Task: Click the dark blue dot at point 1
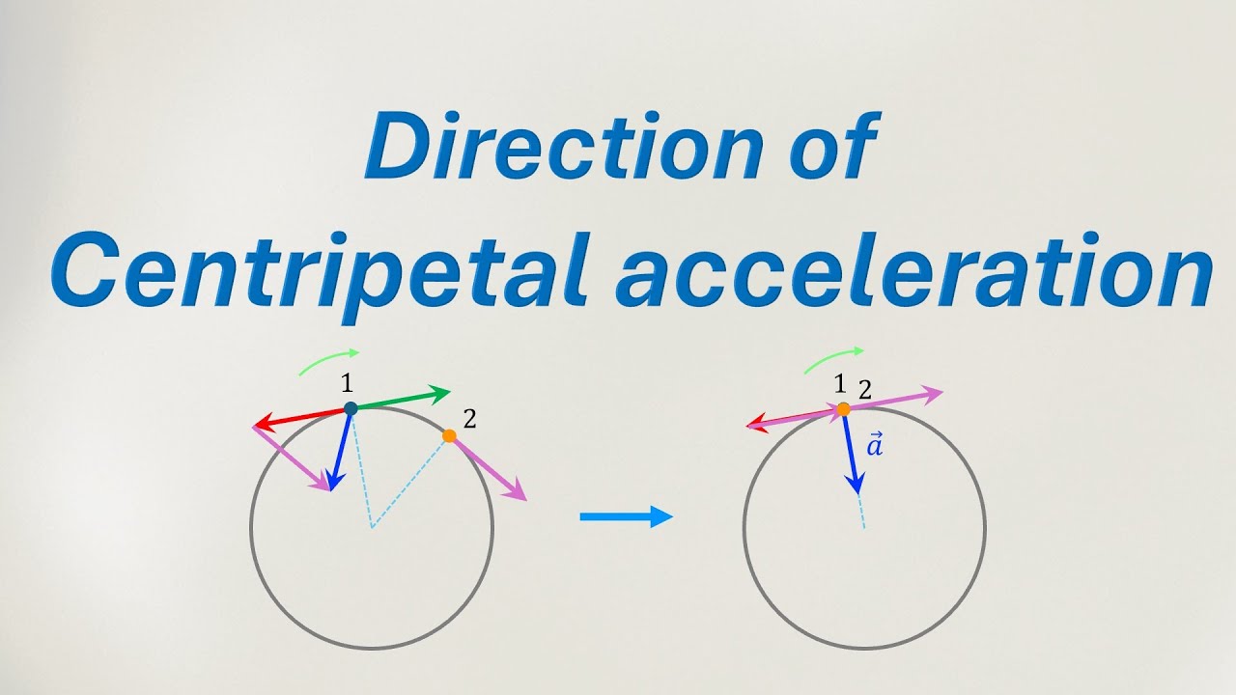351,408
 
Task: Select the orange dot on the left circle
449,436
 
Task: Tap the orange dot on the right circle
843,409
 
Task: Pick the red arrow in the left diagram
300,417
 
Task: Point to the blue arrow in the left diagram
340,450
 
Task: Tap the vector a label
875,445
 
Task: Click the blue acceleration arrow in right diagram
851,454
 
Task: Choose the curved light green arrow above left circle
328,360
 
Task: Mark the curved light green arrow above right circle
833,357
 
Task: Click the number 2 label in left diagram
469,419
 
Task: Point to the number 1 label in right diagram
839,384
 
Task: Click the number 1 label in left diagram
347,383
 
